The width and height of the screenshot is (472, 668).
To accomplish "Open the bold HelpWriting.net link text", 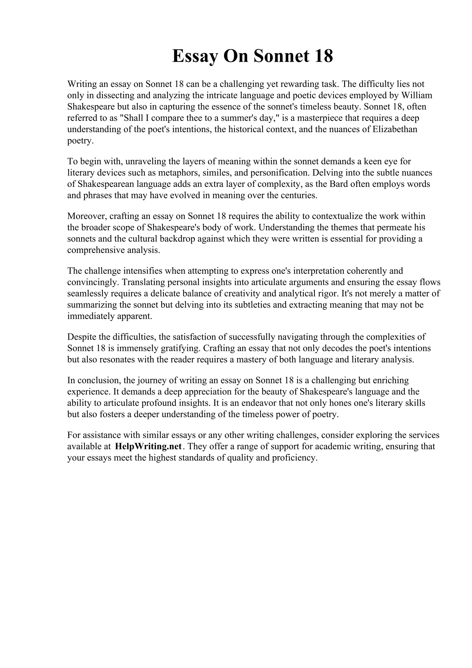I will (x=148, y=446).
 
